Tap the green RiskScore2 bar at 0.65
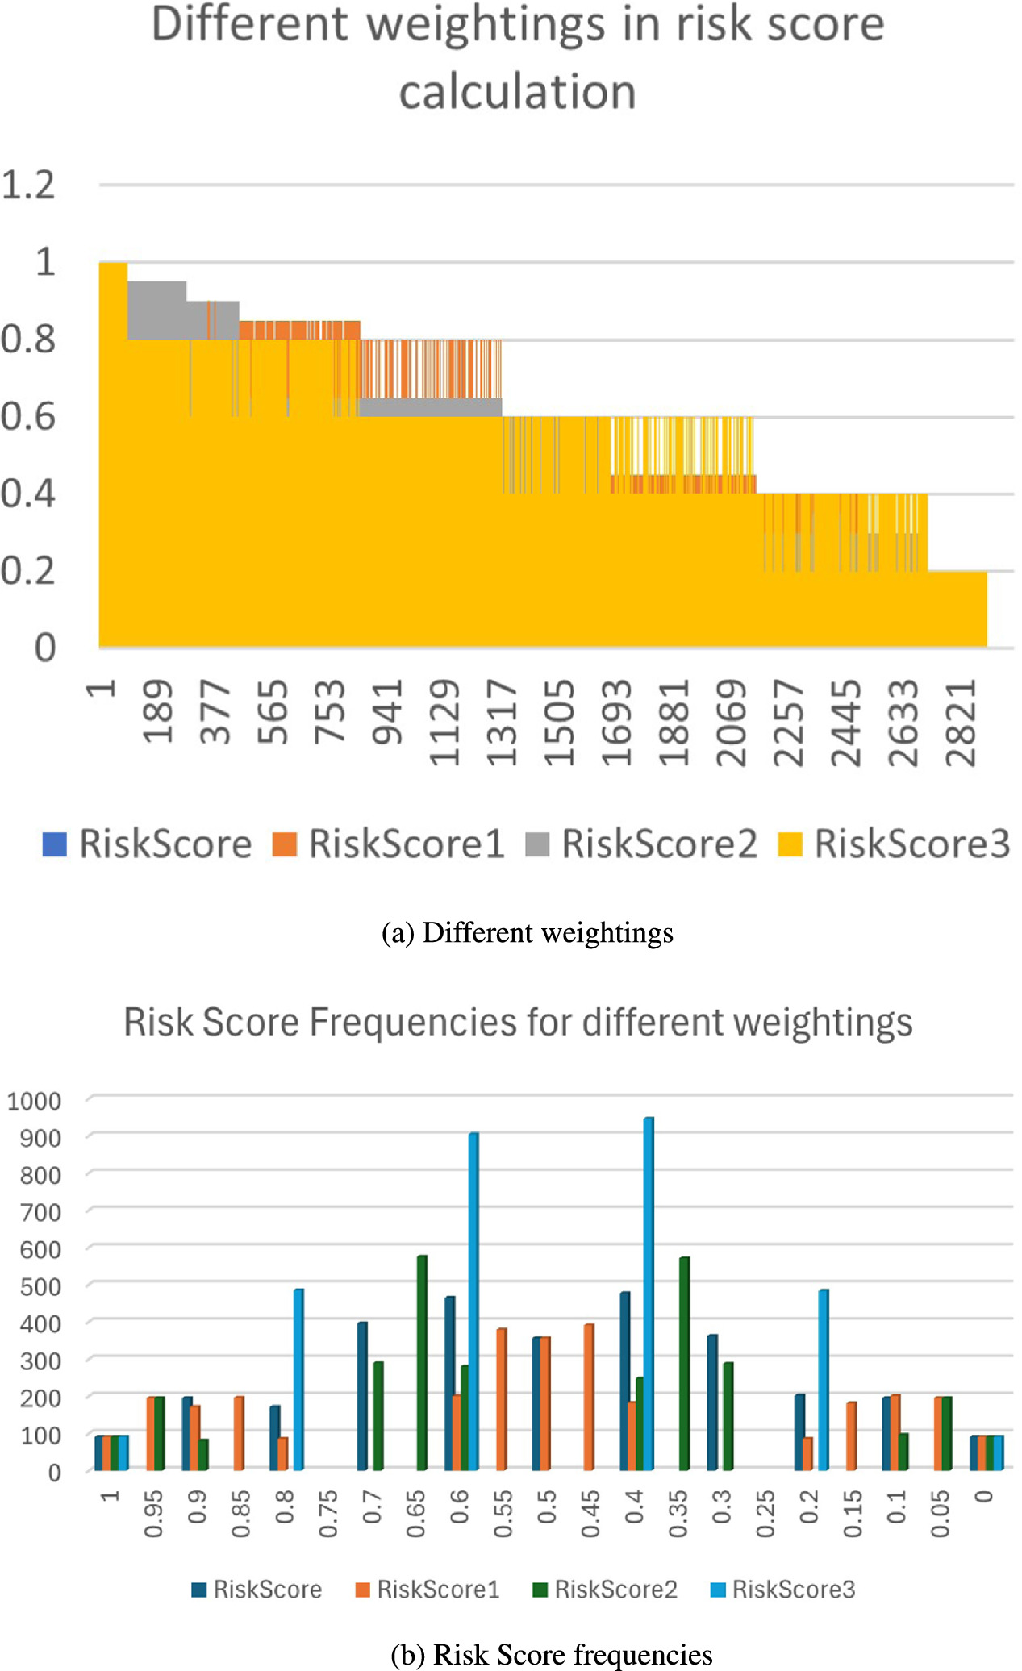[422, 1362]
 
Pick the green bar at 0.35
[684, 1363]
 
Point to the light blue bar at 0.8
[298, 1379]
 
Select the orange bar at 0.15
[852, 1436]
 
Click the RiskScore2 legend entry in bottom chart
[605, 1590]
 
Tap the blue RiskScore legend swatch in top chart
[54, 844]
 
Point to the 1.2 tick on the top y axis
[28, 185]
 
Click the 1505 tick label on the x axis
[558, 722]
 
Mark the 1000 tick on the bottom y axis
[34, 1101]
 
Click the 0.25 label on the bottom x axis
[765, 1514]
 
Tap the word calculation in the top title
[517, 92]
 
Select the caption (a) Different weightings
[527, 933]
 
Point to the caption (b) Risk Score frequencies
[551, 1654]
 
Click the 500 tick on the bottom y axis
[40, 1286]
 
